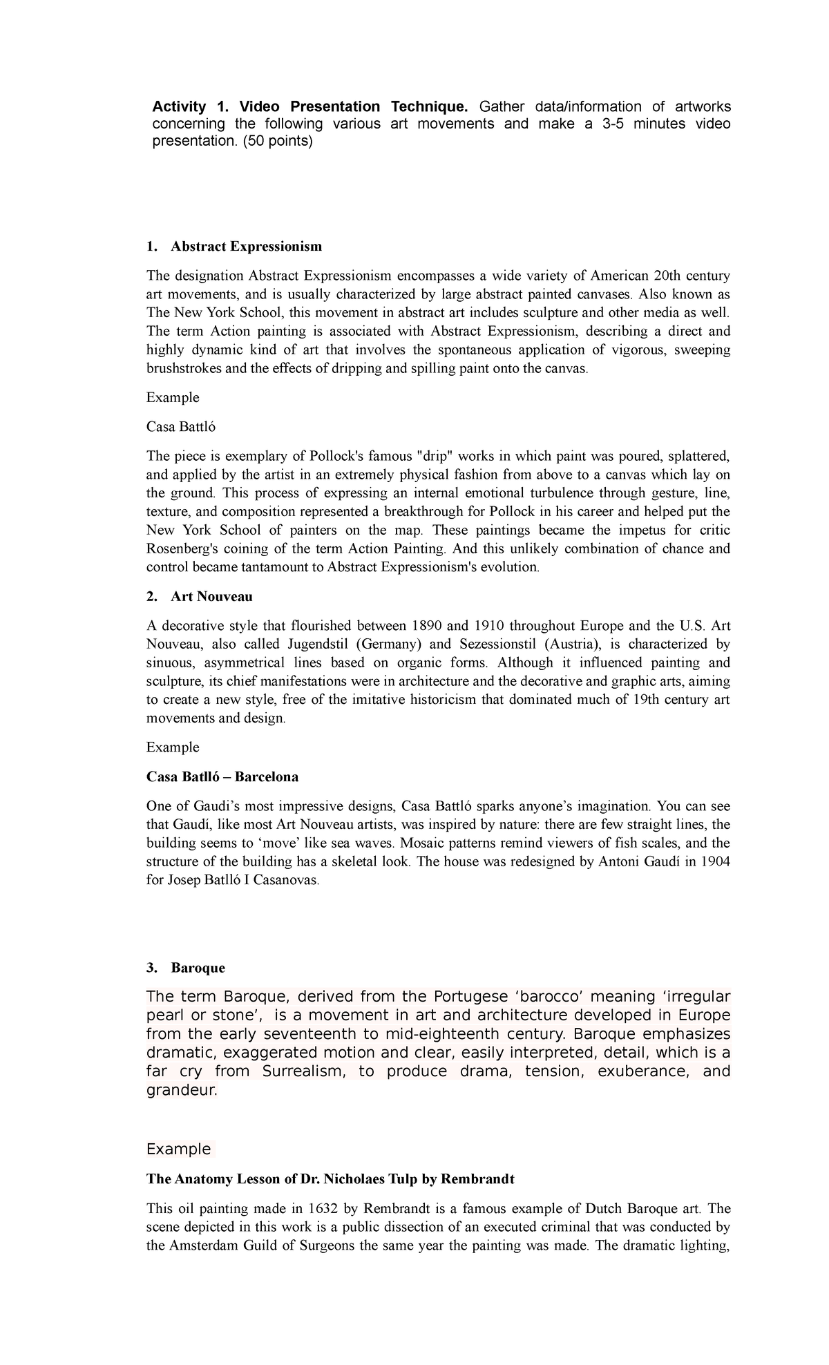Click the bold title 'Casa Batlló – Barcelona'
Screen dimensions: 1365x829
tap(222, 776)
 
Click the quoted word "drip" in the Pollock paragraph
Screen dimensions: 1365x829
tap(433, 456)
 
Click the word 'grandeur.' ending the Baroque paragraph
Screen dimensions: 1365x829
tap(182, 1091)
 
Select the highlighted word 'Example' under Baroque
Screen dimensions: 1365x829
tap(178, 1149)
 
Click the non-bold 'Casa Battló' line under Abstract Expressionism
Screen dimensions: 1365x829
tap(180, 427)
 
